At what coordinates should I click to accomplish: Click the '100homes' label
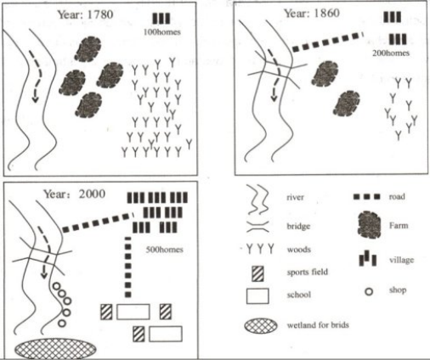coord(161,32)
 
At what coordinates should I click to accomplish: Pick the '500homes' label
coord(166,249)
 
